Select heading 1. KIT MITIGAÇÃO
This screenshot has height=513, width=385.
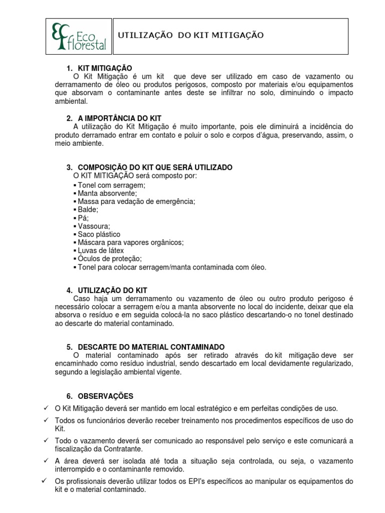(99, 68)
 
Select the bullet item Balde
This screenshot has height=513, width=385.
(88, 209)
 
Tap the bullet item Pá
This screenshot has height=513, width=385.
(83, 218)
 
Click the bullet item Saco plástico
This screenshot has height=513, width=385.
(99, 234)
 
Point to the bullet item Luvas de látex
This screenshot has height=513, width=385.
(101, 250)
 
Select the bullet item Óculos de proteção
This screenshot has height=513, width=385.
(110, 259)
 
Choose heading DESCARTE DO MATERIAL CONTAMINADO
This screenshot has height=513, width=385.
(146, 347)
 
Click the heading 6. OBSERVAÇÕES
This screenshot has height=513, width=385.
(100, 396)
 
